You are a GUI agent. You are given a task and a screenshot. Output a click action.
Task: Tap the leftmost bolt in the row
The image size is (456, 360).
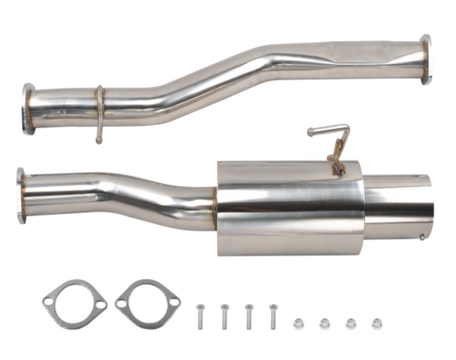199,316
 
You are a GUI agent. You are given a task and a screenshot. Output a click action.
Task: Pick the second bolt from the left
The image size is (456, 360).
224,316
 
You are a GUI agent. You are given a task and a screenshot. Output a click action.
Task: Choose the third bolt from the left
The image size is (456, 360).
249,316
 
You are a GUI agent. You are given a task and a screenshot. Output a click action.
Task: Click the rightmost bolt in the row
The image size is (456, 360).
274,316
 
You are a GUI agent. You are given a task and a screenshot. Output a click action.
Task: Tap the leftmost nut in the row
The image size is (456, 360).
299,323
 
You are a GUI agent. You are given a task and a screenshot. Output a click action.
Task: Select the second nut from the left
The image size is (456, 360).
325,323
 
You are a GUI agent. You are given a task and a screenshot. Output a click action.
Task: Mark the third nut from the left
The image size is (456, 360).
351,323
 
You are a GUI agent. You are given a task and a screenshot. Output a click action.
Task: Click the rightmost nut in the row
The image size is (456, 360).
376,323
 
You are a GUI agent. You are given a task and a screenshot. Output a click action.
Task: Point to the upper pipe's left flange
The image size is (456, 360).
29,109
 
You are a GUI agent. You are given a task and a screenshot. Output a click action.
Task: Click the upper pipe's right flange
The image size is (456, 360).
425,60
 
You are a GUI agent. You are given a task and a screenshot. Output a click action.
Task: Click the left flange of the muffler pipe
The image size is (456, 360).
21,196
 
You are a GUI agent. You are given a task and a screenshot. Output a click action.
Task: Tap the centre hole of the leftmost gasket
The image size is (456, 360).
75,303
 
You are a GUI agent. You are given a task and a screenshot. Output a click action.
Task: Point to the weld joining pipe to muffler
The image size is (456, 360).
216,205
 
